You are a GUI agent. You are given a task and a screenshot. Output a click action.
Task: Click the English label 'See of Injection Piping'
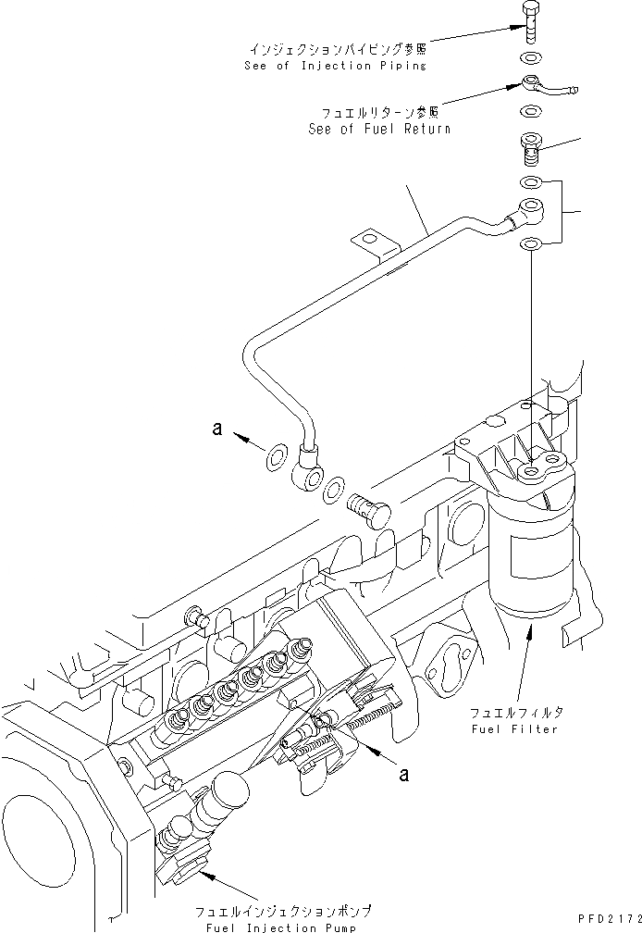336,66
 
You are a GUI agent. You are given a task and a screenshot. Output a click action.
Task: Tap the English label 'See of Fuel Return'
379,130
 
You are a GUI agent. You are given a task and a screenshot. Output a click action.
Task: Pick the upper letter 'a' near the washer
217,429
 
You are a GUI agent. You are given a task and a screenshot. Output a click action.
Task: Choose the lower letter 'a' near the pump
403,775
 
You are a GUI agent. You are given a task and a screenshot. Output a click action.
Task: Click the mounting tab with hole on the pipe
370,243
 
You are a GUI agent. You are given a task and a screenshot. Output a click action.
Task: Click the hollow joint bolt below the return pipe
529,148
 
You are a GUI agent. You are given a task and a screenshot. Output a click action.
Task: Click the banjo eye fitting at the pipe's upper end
530,207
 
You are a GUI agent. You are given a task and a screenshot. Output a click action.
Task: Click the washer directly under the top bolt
530,57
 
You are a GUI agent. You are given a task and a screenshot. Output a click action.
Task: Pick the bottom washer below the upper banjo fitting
531,244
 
